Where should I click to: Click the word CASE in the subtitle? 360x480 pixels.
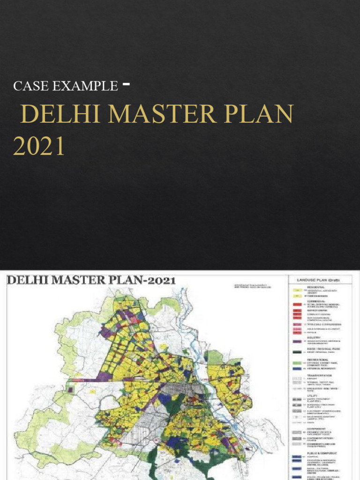click(27, 86)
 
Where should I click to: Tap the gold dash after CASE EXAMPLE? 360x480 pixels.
click(126, 84)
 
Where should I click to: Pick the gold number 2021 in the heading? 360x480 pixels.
click(38, 146)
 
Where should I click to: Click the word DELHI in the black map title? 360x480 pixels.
click(29, 281)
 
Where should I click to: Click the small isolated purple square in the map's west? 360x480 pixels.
click(71, 389)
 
